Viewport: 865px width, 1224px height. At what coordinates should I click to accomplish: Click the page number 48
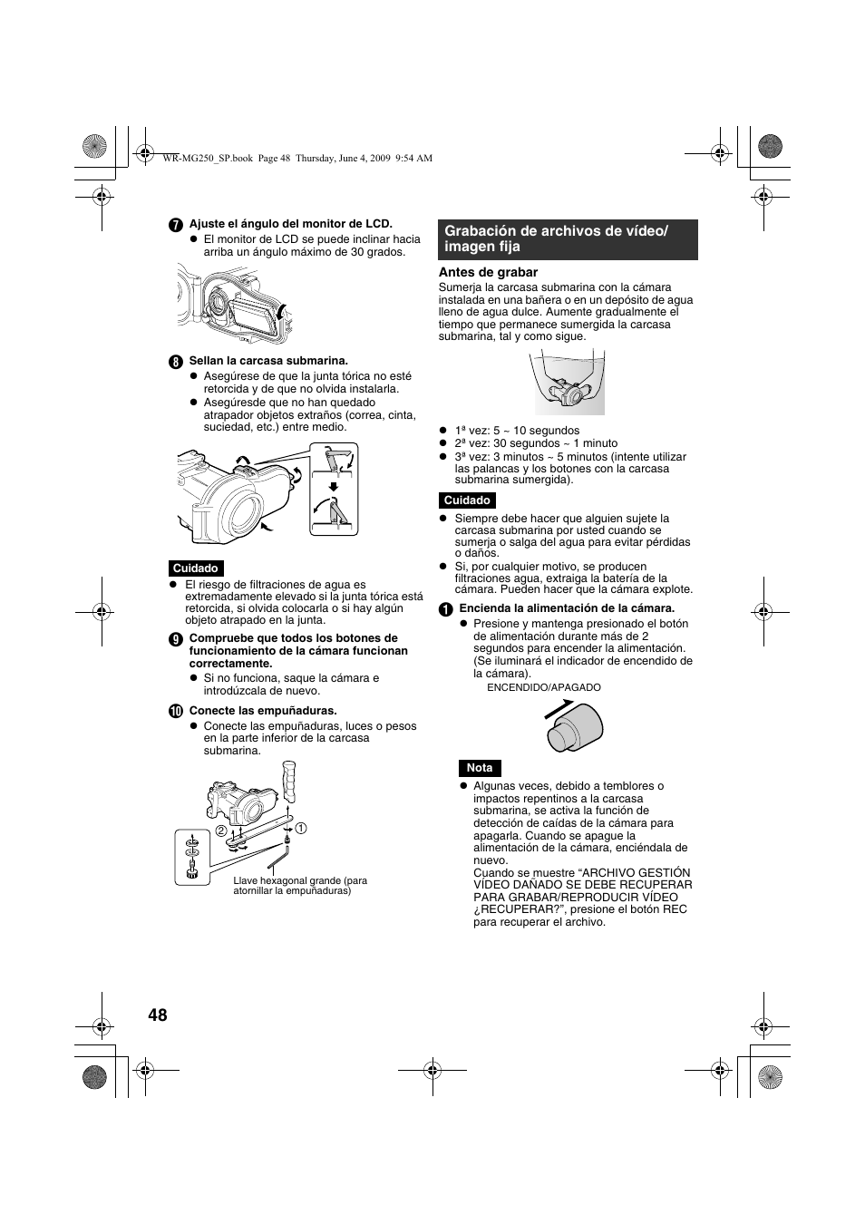(157, 1015)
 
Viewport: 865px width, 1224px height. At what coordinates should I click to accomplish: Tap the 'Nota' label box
(480, 768)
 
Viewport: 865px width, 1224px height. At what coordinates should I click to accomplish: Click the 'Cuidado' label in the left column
(196, 568)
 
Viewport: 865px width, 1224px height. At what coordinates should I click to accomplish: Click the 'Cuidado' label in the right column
(467, 500)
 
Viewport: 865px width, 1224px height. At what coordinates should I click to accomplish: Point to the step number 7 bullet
(176, 224)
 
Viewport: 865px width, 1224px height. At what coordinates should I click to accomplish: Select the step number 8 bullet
(176, 361)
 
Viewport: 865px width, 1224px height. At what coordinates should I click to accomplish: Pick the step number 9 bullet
(176, 638)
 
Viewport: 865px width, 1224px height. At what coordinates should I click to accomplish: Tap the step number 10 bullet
(176, 712)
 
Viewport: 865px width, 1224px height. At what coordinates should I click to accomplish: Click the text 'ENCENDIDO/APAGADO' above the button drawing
(544, 687)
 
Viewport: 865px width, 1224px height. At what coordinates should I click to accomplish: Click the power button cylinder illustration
(575, 727)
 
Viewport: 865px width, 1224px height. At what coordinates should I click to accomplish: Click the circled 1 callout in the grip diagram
(301, 828)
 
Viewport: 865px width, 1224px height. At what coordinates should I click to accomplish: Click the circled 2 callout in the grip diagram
(219, 831)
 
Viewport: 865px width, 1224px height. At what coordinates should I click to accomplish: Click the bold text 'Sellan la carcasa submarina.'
(268, 361)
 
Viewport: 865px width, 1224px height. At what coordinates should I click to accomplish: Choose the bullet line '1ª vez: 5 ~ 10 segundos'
(517, 431)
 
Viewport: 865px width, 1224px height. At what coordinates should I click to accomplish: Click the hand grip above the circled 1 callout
(290, 782)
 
